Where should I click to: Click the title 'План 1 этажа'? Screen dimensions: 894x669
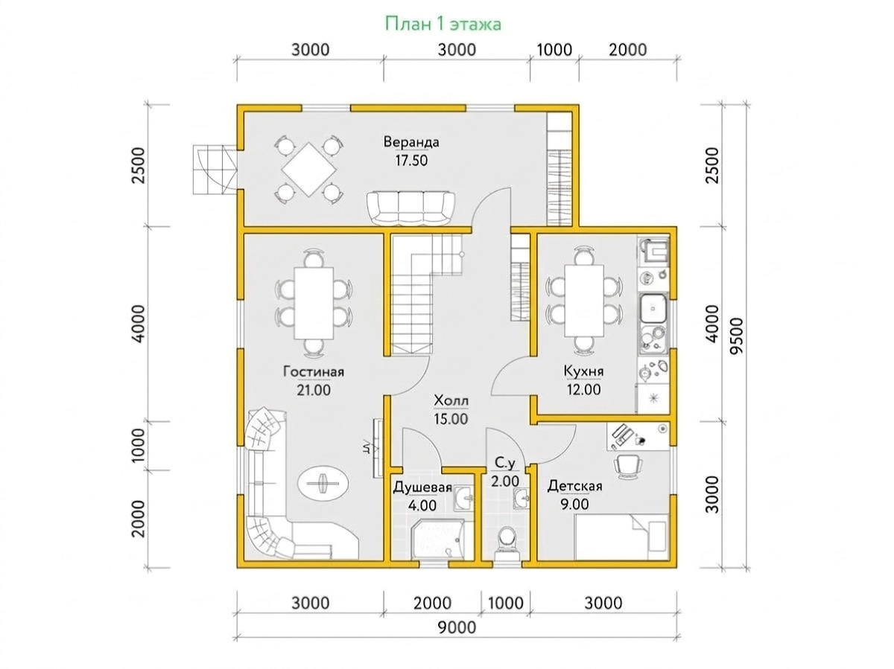(443, 25)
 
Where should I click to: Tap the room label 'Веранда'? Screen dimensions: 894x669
(411, 142)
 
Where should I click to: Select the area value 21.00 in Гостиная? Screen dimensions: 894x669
(314, 390)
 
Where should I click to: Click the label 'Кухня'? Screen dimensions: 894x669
(583, 371)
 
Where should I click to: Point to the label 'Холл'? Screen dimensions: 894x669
(451, 400)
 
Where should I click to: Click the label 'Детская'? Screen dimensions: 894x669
(574, 486)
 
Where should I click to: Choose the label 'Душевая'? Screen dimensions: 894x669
(422, 487)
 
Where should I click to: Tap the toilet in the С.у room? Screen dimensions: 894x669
(506, 543)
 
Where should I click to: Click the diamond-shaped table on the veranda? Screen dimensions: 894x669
(309, 169)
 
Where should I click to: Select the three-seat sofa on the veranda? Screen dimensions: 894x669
(410, 208)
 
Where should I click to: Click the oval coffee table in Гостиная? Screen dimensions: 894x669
(323, 483)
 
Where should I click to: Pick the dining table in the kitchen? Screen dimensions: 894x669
(583, 300)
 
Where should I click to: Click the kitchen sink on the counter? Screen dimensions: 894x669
(653, 309)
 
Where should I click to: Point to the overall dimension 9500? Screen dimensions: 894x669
(736, 337)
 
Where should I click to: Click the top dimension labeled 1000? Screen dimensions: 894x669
(554, 50)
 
